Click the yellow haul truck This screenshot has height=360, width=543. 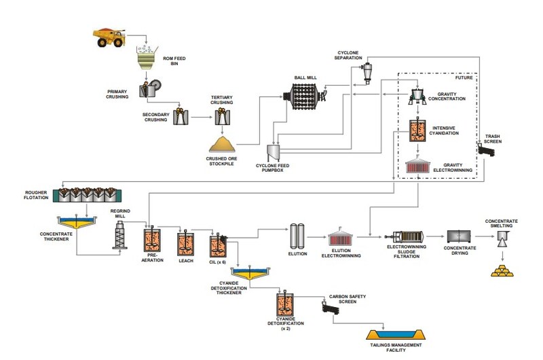[x=110, y=38]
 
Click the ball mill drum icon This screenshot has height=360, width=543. [x=302, y=98]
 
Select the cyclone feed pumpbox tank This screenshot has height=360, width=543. [x=274, y=153]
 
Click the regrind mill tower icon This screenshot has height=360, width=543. [x=121, y=238]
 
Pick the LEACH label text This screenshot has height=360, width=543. [x=185, y=261]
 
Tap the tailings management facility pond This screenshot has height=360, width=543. [x=394, y=335]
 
